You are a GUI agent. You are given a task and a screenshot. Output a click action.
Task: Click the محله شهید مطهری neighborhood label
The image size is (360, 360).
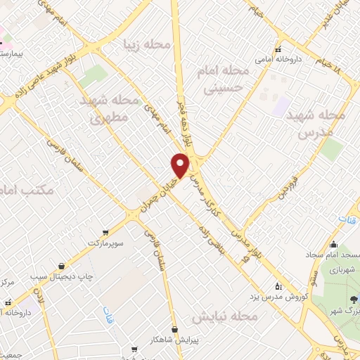point(108,110)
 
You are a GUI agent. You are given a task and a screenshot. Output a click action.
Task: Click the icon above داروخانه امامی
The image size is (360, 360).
point(279,49)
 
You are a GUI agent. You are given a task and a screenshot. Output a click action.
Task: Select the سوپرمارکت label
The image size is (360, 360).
point(105,243)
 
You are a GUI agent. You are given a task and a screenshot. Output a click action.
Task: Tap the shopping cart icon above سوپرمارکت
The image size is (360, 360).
point(105,231)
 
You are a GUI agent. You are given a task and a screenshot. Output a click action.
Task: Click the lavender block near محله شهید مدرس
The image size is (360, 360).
point(281,106)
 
